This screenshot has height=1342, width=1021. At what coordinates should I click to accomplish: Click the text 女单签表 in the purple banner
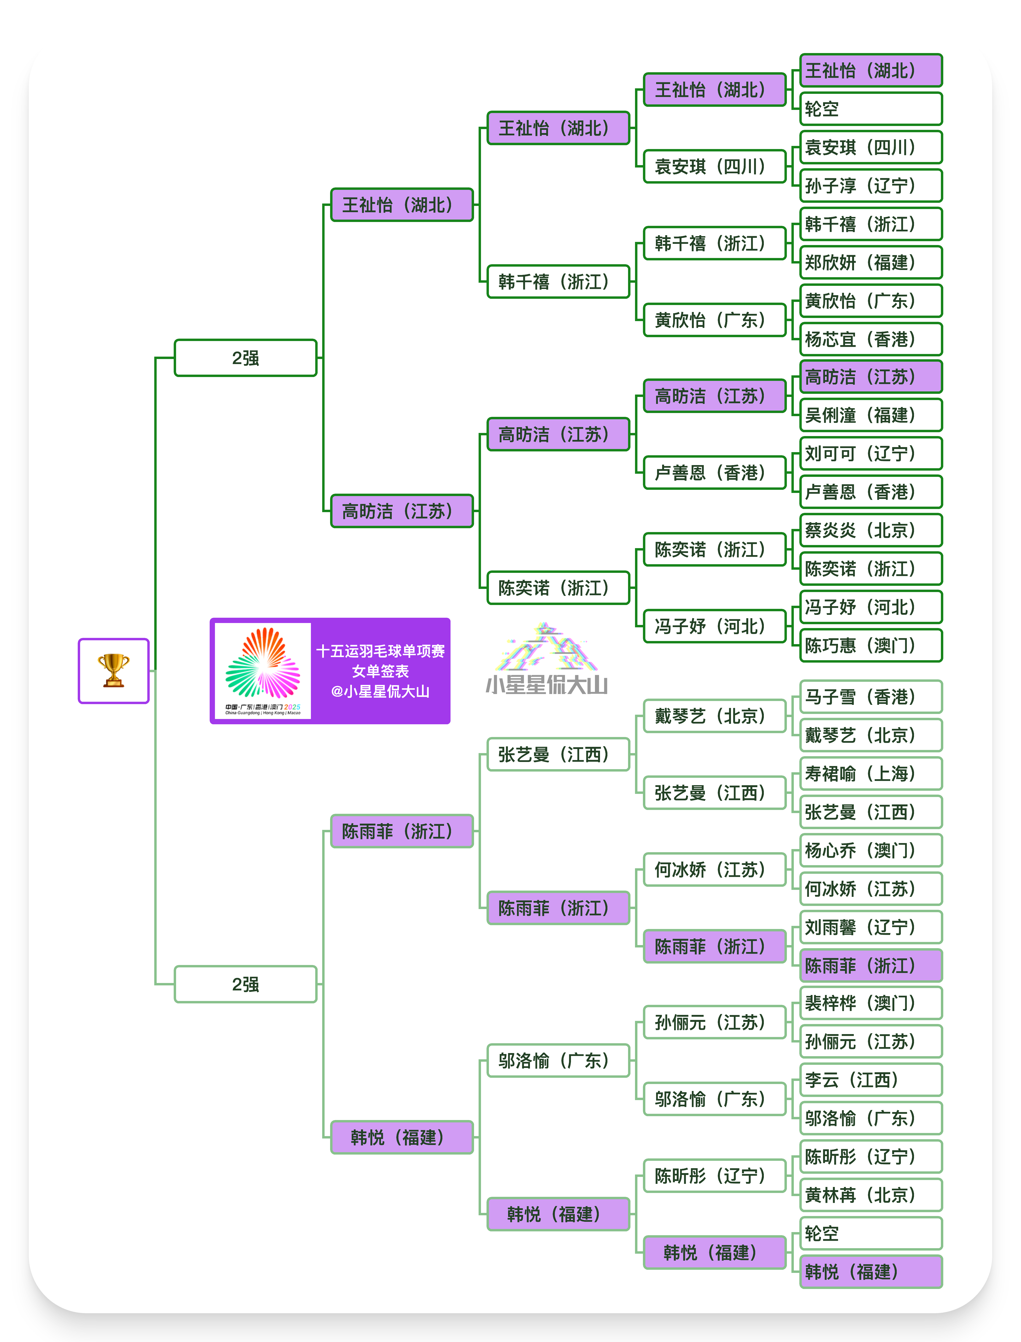(x=380, y=671)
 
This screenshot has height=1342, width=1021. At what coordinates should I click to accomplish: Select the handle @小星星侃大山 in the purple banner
(x=380, y=691)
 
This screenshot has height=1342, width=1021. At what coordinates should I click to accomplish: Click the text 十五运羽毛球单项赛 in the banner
(x=380, y=651)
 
